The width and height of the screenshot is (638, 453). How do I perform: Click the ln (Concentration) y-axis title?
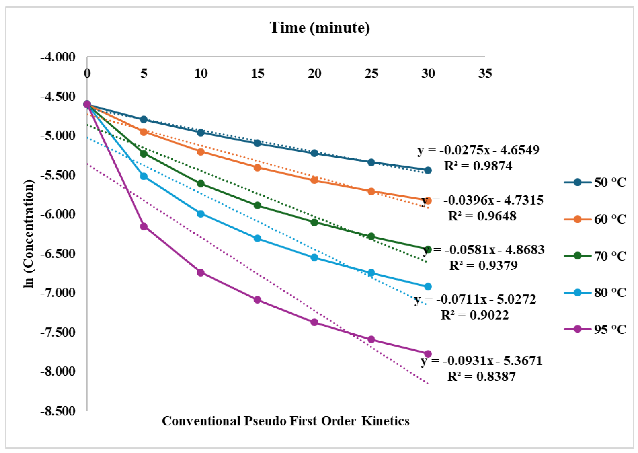pyautogui.click(x=29, y=234)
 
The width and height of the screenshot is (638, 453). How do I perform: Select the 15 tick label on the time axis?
pyautogui.click(x=257, y=73)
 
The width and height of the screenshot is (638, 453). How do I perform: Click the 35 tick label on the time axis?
pyautogui.click(x=485, y=73)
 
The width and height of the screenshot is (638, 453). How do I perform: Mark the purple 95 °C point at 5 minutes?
pyautogui.click(x=144, y=227)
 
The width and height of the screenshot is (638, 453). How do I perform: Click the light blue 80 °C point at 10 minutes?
pyautogui.click(x=201, y=214)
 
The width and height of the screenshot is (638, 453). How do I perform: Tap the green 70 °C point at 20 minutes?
pyautogui.click(x=314, y=222)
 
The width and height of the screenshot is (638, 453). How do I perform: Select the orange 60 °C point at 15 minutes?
pyautogui.click(x=257, y=168)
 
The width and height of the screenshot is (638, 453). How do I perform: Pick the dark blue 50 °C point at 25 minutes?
pyautogui.click(x=371, y=162)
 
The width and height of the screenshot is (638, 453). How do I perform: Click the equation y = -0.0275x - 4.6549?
pyautogui.click(x=478, y=150)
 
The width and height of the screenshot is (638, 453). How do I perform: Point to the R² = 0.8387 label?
pyautogui.click(x=481, y=376)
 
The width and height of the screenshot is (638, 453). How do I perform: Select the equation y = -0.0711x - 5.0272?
pyautogui.click(x=475, y=299)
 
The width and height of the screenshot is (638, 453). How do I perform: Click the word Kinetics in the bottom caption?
pyautogui.click(x=385, y=421)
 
